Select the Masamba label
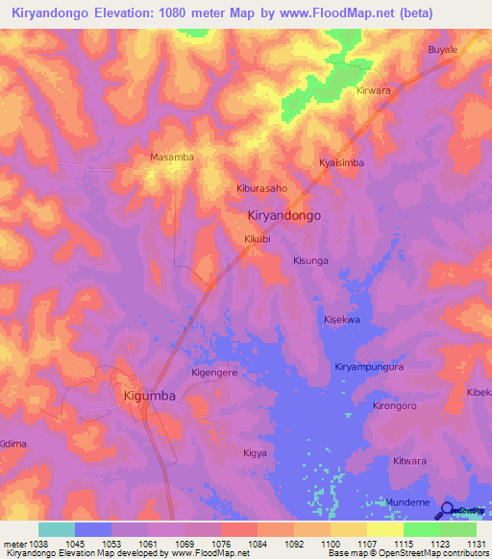click(x=172, y=157)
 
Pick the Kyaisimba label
click(x=341, y=163)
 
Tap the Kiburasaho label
click(x=261, y=189)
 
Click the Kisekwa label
click(x=342, y=319)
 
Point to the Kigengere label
click(x=215, y=371)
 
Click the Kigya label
click(x=255, y=451)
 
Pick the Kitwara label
click(x=409, y=461)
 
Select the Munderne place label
click(x=407, y=502)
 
